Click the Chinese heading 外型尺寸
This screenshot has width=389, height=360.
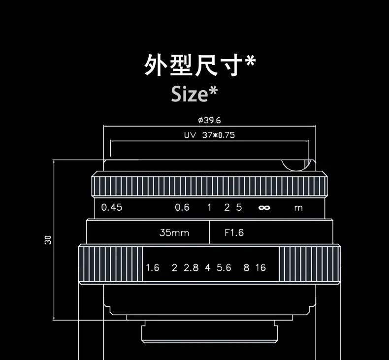pos(194,65)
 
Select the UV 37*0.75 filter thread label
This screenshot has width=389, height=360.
pos(209,135)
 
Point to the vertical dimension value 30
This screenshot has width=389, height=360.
pos(48,240)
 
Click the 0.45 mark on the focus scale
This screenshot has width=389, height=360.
pos(111,207)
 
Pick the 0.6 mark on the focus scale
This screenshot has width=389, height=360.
pos(182,207)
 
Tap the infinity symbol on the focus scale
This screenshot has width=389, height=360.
pos(264,208)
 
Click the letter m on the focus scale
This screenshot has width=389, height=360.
pos(298,208)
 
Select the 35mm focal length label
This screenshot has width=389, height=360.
pos(174,232)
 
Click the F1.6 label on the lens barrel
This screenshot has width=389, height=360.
pos(234,232)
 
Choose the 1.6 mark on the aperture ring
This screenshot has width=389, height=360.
pos(153,267)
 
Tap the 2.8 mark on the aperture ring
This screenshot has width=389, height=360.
pos(191,267)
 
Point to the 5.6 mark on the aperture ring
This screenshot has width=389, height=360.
pos(224,267)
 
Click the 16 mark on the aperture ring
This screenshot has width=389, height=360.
pos(260,267)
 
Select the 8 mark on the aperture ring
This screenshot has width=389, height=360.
pos(246,267)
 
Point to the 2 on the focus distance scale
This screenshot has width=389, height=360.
pos(227,207)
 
